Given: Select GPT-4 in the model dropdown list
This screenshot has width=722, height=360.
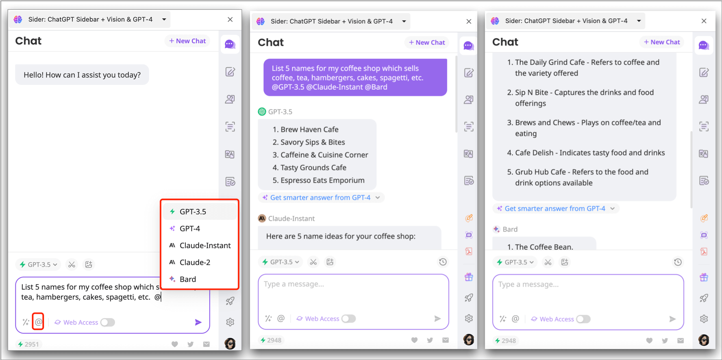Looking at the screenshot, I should point(190,229).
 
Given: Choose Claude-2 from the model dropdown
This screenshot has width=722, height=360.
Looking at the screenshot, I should point(195,262).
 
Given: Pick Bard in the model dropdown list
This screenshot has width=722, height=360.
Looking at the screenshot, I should point(187,279).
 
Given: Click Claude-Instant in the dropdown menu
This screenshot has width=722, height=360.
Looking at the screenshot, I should point(205,245).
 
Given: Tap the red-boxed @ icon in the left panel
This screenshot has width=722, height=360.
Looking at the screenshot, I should point(38,322).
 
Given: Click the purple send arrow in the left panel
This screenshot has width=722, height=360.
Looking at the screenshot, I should point(198,322).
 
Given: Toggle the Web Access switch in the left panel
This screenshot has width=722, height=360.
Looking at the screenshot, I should point(108,322).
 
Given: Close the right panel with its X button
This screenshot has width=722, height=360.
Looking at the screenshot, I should point(704,21).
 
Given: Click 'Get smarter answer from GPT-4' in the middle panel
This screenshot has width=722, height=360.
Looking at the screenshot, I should point(320,197).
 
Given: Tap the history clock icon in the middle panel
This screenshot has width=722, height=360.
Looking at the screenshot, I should point(443,262).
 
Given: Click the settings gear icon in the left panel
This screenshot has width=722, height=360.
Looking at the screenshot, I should point(230,322).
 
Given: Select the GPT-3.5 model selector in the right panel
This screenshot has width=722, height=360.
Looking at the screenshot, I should point(515,262).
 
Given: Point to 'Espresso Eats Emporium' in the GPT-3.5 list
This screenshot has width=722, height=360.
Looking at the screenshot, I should point(322,180).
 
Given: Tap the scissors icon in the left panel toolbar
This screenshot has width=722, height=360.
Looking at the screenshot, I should point(72,265).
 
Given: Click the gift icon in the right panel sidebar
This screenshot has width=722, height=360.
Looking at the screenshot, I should point(704,278).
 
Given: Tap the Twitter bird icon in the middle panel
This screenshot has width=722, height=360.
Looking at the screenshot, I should point(430,340).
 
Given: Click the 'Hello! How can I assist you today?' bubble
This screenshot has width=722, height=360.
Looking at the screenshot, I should point(82,75).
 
